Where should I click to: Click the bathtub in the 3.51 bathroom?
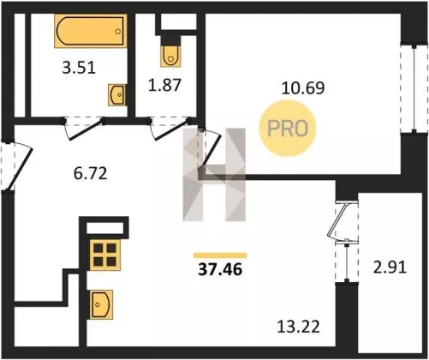click(91, 31)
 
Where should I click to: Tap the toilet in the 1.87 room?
click(170, 56)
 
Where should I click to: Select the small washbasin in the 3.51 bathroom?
click(117, 94)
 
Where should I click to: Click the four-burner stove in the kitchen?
click(104, 254)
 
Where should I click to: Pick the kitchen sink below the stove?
click(101, 304)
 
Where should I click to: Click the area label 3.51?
click(79, 69)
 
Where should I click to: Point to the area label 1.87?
click(164, 85)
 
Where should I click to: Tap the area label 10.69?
click(303, 88)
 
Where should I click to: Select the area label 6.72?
click(91, 173)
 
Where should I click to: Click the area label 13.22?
click(299, 327)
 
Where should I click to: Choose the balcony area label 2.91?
click(390, 267)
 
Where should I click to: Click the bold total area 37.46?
click(220, 269)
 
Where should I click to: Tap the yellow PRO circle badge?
click(288, 129)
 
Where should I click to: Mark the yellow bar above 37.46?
click(220, 255)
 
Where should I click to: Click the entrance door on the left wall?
click(17, 166)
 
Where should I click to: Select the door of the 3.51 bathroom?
click(83, 129)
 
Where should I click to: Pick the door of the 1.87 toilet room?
click(169, 129)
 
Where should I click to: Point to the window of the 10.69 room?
click(414, 89)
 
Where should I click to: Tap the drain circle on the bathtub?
click(118, 32)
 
